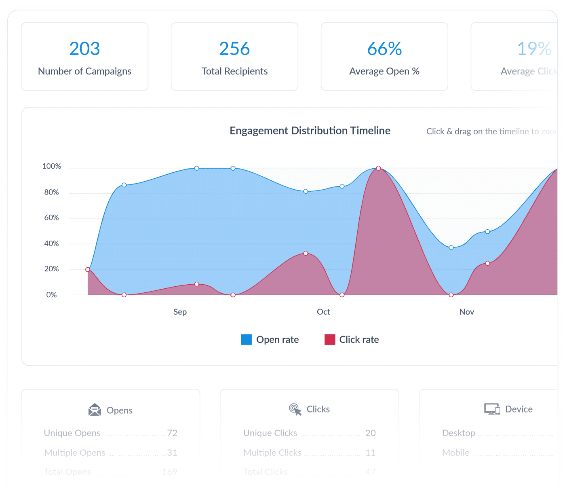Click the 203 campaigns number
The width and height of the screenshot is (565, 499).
[x=84, y=49]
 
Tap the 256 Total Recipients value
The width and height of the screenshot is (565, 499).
[x=234, y=49]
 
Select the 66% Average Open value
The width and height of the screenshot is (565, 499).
[x=384, y=49]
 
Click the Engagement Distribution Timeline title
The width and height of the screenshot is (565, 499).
[x=310, y=131]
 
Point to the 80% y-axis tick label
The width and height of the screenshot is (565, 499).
[x=51, y=192]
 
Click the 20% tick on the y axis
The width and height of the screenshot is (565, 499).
[x=51, y=269]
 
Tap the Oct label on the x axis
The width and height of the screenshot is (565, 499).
[x=323, y=312]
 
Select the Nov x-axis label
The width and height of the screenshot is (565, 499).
[x=466, y=312]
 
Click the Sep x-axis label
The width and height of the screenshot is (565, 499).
[x=180, y=312]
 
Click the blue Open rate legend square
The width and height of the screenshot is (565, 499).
[x=246, y=340]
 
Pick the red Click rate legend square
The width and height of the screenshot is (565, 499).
[x=330, y=340]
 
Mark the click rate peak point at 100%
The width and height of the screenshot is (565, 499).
[x=378, y=168]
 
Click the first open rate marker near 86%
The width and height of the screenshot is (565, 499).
[x=124, y=185]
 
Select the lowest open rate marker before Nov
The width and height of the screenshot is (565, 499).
[x=451, y=247]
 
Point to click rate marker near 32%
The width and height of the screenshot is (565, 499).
[x=306, y=254]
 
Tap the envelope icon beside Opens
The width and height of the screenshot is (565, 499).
[x=95, y=410]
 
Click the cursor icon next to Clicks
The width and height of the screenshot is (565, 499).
[x=295, y=409]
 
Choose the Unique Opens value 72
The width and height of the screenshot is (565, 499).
[x=172, y=433]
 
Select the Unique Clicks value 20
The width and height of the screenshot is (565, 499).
[x=370, y=433]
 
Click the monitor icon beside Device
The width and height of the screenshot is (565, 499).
[x=492, y=409]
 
